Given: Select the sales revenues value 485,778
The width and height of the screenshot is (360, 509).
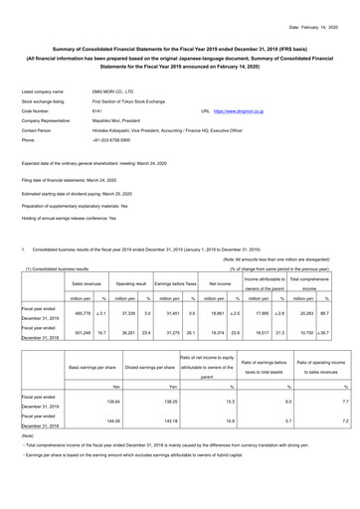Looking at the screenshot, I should [75, 312].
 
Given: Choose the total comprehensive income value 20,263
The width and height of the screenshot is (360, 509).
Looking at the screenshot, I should [317, 312].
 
